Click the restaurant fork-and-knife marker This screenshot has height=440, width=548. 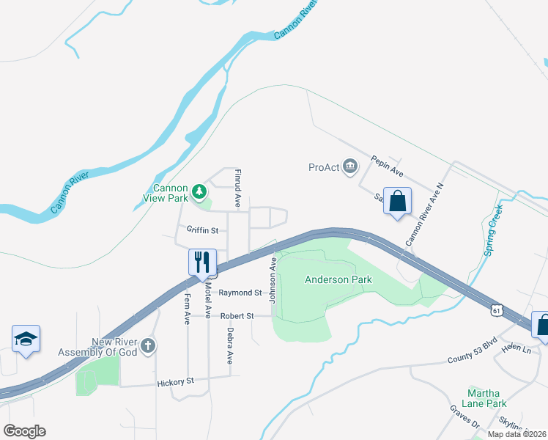point(202,263)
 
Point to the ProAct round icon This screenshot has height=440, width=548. point(349,167)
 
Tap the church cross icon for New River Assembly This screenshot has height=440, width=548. point(147,345)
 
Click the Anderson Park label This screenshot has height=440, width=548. point(338,279)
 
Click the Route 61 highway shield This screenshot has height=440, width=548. point(497,311)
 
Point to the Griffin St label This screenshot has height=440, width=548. point(202,230)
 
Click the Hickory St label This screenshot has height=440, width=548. point(175,382)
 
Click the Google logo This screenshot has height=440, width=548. point(25,431)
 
